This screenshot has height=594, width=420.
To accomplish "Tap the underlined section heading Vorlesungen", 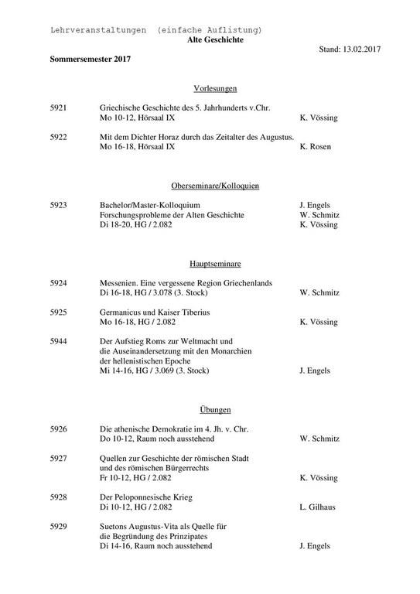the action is [x=210, y=88].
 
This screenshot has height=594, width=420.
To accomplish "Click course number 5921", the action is [x=58, y=108].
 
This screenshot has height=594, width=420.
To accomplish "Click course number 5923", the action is [x=58, y=205].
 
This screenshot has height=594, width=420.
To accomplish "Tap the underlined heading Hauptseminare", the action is [x=210, y=264].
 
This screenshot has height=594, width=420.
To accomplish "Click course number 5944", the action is [x=58, y=341].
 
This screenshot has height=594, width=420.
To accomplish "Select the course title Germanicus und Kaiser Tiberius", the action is [x=155, y=312].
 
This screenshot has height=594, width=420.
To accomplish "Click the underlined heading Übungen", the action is [x=210, y=409].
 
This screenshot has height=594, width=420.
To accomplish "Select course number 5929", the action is [x=58, y=526].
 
